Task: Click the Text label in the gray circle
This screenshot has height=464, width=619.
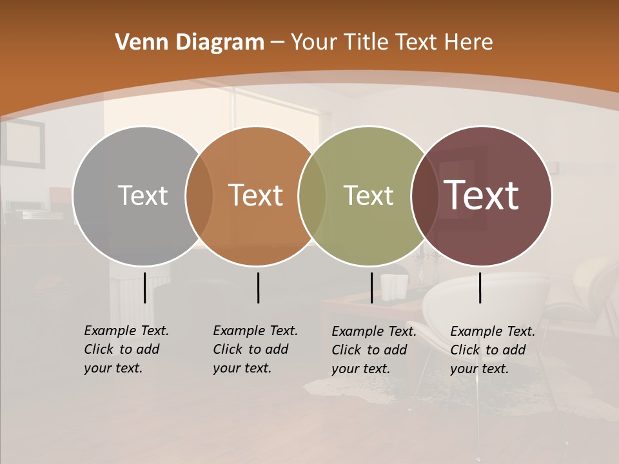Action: tap(142, 195)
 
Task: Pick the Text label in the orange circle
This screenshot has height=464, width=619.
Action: tap(256, 195)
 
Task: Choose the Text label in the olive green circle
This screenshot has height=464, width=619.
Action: tap(368, 195)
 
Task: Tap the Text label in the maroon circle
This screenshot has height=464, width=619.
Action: tap(482, 195)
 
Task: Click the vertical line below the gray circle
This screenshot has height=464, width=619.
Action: tap(144, 287)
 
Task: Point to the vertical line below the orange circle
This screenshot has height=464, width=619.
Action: tap(258, 287)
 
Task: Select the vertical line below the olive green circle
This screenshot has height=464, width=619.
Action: tap(371, 287)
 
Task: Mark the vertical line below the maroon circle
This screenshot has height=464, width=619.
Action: tap(480, 287)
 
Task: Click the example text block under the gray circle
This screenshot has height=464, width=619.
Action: tap(126, 349)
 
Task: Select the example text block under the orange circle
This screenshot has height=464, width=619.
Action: tap(255, 349)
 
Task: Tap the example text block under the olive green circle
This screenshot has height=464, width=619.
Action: tap(373, 350)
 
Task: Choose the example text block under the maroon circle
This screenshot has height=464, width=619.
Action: tap(492, 350)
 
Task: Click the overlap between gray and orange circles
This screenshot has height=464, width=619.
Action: tap(199, 195)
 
